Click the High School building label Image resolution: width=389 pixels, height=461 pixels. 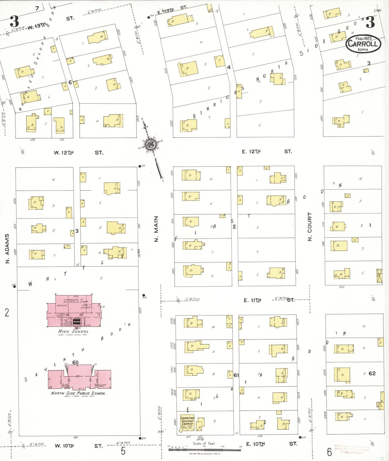coord(73,331)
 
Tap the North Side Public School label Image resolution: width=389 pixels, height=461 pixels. coord(79,393)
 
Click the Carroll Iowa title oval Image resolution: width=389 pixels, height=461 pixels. coord(363,44)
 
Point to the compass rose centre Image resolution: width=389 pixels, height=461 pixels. coord(150,145)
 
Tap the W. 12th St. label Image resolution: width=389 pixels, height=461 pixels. coord(78,153)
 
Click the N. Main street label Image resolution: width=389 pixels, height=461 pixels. coord(156,229)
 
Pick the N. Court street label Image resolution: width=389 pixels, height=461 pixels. coord(310,226)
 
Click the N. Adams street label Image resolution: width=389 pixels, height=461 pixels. coord(7,248)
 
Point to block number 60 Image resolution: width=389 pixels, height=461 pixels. coord(75,362)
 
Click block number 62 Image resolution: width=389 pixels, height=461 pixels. coord(372,373)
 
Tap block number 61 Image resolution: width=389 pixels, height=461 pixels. coord(236,375)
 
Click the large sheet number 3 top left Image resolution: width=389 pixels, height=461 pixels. coord(14,21)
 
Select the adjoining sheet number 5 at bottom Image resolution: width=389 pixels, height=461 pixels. coord(123,451)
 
